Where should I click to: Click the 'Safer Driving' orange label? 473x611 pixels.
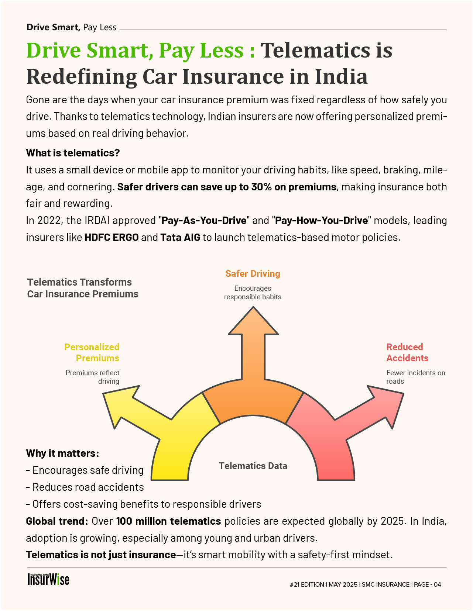(x=253, y=273)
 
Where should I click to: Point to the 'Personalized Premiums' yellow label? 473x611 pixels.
(x=92, y=352)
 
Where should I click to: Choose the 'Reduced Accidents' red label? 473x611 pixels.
(x=407, y=352)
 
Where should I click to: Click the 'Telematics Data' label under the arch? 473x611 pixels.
(x=253, y=466)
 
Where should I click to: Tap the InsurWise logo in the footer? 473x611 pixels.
(x=48, y=580)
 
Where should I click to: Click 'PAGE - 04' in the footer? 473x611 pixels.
(x=428, y=584)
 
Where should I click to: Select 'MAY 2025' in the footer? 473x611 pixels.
(x=343, y=584)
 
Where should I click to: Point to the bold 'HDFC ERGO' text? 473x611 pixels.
(x=112, y=237)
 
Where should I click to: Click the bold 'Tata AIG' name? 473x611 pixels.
(x=180, y=237)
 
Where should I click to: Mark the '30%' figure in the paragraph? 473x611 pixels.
(x=261, y=187)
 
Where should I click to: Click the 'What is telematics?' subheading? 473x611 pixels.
(x=73, y=153)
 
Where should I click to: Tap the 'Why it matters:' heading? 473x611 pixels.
(x=62, y=453)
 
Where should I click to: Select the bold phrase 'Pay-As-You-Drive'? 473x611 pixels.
(x=204, y=221)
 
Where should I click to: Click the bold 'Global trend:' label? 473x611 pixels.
(x=57, y=521)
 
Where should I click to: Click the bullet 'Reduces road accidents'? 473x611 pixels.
(x=88, y=487)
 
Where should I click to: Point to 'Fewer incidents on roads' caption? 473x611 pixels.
(x=416, y=377)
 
